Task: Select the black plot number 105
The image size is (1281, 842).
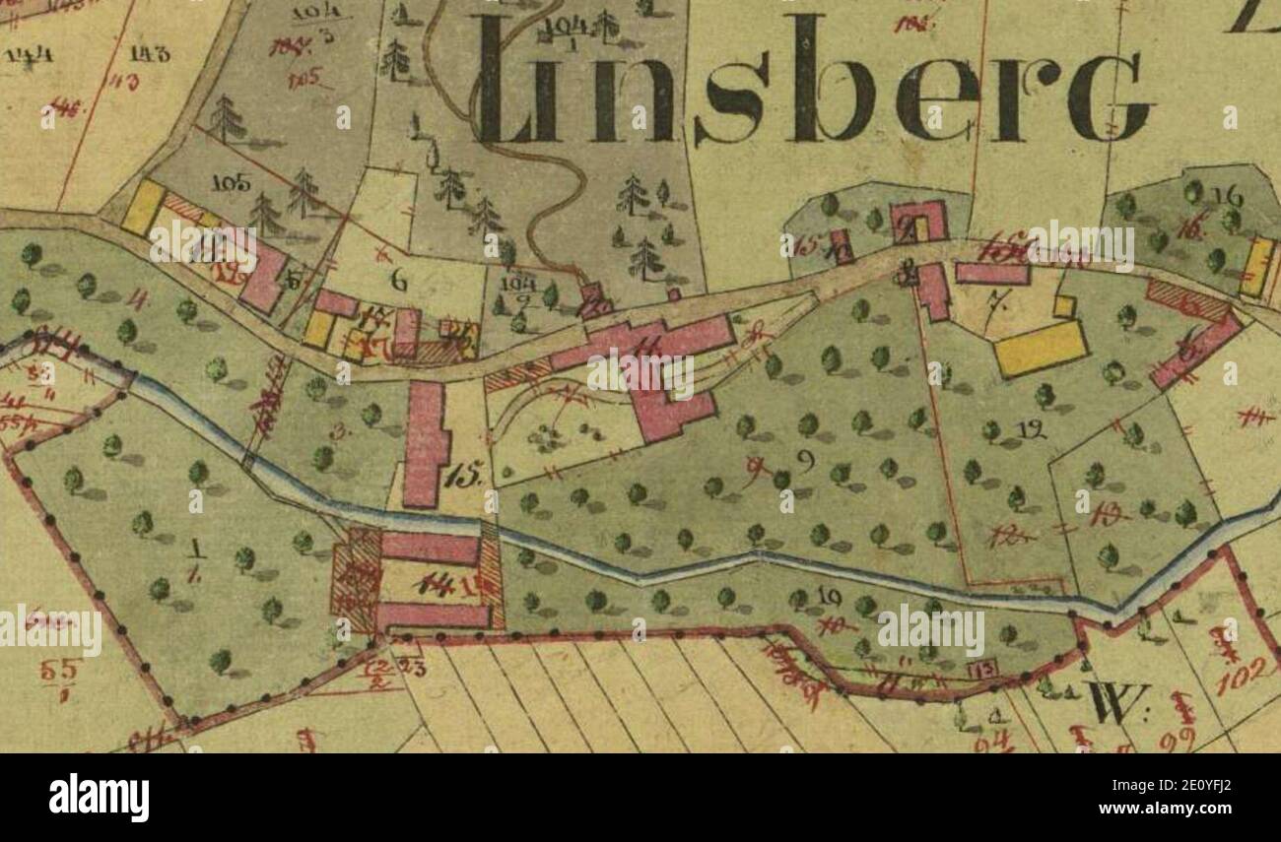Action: tap(232, 183)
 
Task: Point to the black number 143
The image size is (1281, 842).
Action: tap(149, 54)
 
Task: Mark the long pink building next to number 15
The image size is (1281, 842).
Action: tap(427, 443)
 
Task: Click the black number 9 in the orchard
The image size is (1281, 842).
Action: tap(804, 460)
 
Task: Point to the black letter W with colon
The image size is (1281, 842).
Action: tap(1119, 703)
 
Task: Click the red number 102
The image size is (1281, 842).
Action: tap(1244, 675)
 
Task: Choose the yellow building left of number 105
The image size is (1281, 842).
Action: tap(143, 207)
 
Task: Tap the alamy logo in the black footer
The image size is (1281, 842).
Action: tap(99, 797)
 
